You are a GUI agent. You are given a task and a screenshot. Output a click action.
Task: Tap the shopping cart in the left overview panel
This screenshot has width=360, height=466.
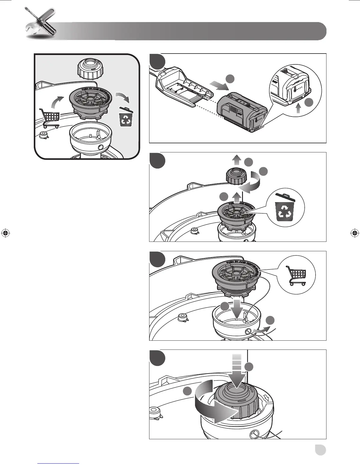coord(49,118)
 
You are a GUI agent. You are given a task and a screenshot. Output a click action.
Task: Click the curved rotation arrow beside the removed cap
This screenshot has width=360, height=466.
coord(250,183)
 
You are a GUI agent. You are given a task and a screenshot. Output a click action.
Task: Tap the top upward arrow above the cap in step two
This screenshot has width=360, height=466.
coord(236,161)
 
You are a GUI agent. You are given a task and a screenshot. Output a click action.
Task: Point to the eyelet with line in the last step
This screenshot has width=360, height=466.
coord(255,434)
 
